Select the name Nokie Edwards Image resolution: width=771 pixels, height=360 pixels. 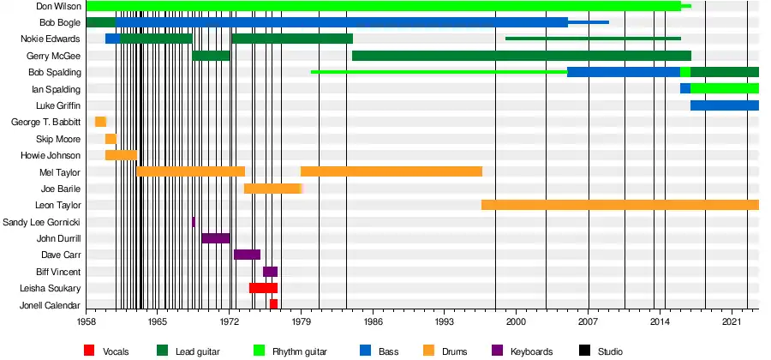click(51, 39)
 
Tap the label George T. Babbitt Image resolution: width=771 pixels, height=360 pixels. click(45, 122)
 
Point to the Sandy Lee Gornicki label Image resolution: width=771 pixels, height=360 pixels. click(42, 222)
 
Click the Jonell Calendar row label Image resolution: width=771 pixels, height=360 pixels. click(51, 305)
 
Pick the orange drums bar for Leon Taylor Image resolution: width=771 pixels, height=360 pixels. click(619, 205)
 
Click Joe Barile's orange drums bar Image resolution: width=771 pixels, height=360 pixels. click(272, 189)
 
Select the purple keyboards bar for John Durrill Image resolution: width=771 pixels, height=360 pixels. click(216, 238)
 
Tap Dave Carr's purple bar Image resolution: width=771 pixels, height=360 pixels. click(247, 255)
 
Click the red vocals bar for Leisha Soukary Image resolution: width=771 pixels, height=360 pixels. click(263, 288)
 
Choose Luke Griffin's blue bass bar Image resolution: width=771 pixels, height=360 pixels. click(724, 105)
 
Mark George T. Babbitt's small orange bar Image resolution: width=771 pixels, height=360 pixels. click(100, 122)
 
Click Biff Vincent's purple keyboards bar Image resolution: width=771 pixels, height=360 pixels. click(270, 272)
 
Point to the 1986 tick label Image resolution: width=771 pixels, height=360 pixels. click(373, 322)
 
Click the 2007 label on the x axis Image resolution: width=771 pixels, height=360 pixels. click(588, 322)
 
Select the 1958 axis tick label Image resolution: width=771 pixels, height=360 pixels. click(86, 322)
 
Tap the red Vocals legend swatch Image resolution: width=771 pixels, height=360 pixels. click(89, 350)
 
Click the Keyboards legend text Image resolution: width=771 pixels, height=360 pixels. click(532, 351)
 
